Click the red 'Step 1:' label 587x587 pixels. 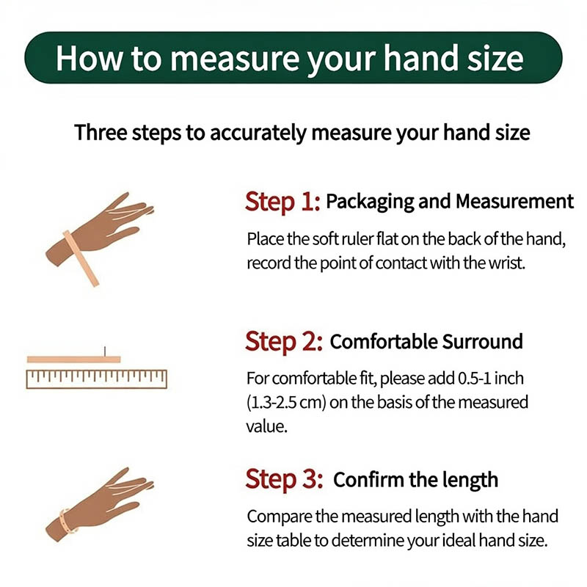[282, 203]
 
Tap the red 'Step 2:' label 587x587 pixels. [284, 342]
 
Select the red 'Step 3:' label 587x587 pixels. [284, 480]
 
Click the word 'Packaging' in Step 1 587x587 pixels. [370, 203]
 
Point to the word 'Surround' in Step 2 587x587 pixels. [482, 341]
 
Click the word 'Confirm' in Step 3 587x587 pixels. [369, 480]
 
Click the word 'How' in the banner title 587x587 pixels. [89, 58]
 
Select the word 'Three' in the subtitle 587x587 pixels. [101, 132]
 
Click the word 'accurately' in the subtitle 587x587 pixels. [258, 134]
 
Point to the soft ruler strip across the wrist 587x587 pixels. [81, 258]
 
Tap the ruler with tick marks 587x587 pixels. [97, 379]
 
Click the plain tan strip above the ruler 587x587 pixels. [74, 360]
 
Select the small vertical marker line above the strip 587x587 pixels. [105, 351]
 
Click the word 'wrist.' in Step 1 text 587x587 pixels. [507, 263]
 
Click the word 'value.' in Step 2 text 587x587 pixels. [266, 426]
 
